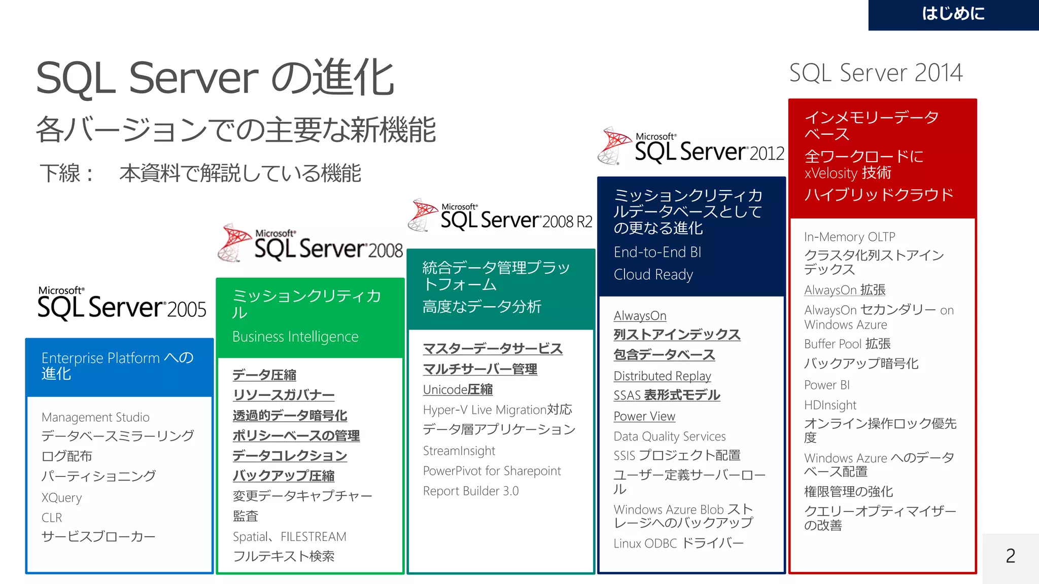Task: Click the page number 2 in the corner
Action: tap(1010, 556)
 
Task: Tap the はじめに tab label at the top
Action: tap(953, 14)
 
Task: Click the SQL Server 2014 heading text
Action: tap(876, 73)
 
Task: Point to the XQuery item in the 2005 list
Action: tap(61, 498)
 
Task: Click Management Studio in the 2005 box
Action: tap(95, 417)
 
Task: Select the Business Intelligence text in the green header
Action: tap(295, 337)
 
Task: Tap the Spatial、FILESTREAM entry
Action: tap(289, 537)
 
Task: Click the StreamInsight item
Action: tap(459, 451)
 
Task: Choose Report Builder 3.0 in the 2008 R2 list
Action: tap(470, 491)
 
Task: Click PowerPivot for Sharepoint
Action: tap(492, 471)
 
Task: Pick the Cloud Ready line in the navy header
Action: tap(653, 275)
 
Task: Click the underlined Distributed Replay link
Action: tap(662, 376)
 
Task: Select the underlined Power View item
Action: tap(644, 416)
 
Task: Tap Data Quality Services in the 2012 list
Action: tap(669, 436)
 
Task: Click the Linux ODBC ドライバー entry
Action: tap(678, 543)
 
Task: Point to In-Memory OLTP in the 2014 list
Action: tap(849, 237)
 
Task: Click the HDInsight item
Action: tap(830, 405)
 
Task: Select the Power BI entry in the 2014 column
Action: tap(826, 385)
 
